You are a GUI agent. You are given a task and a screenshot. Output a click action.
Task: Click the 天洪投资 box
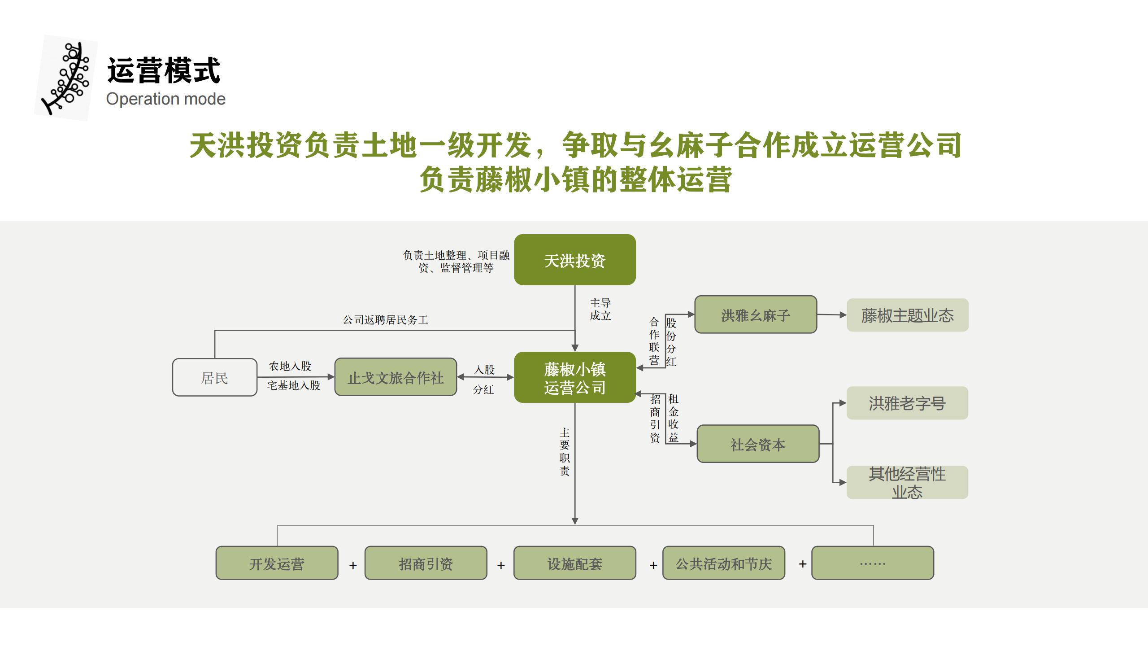[x=574, y=260]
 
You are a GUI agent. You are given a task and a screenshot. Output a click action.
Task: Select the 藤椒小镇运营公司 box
[x=574, y=377]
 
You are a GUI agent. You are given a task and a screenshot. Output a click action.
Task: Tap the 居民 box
[x=214, y=377]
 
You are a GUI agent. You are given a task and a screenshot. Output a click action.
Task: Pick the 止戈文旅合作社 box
[x=396, y=377]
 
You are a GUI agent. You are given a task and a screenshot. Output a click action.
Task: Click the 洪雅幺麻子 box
[x=756, y=314]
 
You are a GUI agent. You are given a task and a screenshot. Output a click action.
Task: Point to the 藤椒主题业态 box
[x=907, y=315]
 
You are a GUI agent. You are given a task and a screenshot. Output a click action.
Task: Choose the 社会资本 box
[x=758, y=444]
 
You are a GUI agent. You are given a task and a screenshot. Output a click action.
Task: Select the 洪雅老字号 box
[x=907, y=403]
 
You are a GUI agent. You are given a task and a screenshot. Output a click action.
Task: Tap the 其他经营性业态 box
[x=907, y=482]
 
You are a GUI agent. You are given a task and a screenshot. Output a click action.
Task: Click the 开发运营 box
[x=277, y=563]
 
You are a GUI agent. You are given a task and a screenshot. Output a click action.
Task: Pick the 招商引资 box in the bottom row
[x=426, y=563]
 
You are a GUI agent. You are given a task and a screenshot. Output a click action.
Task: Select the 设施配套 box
[x=574, y=563]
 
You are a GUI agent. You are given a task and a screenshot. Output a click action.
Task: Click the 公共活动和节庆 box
[x=723, y=563]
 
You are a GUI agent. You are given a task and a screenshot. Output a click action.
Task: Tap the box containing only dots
[x=872, y=563]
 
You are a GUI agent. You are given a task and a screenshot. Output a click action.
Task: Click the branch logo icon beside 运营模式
[x=66, y=77]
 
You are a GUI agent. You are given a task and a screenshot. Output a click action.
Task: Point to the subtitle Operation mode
[x=165, y=99]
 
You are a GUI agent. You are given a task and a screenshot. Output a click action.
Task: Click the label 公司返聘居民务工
[x=385, y=320]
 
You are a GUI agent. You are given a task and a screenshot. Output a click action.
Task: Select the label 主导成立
[x=600, y=309]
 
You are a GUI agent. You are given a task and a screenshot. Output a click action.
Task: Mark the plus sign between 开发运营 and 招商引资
[x=353, y=565]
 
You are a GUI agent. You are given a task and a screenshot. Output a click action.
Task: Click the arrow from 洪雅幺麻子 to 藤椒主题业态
[x=832, y=315]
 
